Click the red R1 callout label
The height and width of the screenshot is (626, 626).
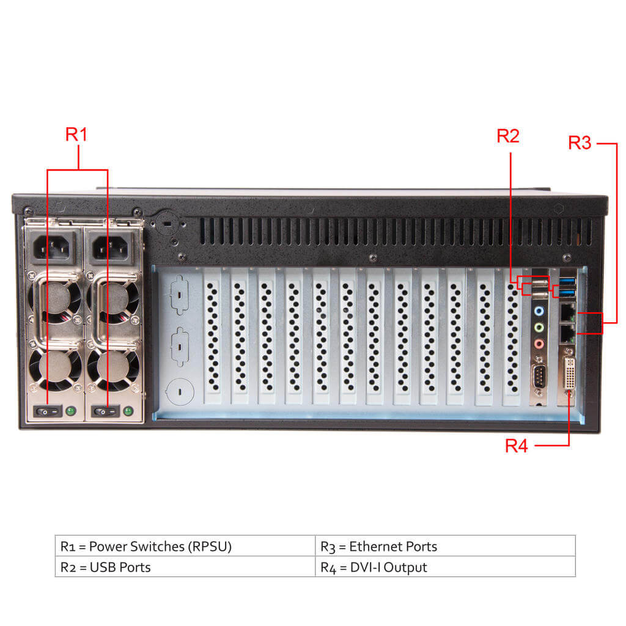tap(76, 134)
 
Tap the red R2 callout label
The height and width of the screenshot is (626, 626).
tap(507, 136)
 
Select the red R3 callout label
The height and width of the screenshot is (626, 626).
tap(580, 143)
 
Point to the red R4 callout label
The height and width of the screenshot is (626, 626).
tap(516, 446)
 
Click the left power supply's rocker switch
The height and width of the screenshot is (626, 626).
tap(48, 412)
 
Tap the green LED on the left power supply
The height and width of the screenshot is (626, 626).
tap(71, 411)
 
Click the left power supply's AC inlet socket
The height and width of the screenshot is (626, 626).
tap(53, 248)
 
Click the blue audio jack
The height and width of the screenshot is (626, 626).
tap(539, 311)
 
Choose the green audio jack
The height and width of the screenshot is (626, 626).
tap(539, 328)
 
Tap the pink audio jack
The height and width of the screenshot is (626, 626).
tap(539, 344)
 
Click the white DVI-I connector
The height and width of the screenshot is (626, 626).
tap(568, 374)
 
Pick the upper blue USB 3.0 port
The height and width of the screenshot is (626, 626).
tap(567, 283)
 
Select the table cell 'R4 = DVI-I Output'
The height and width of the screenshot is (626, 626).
tap(445, 567)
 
